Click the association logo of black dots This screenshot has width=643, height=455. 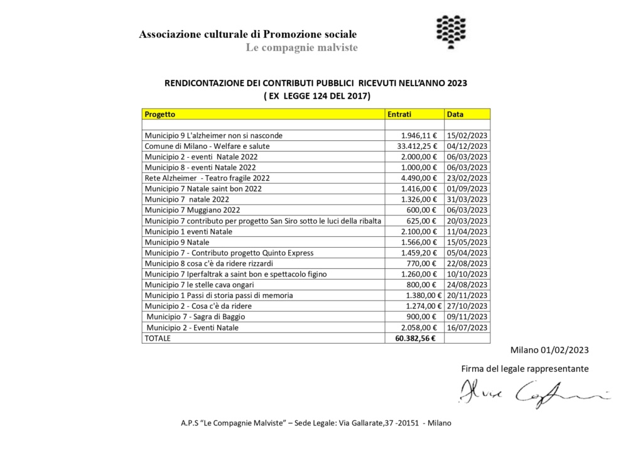[451, 31]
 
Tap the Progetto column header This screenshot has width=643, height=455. [160, 114]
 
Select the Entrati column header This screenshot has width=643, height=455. [399, 114]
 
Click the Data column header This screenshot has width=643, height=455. [455, 114]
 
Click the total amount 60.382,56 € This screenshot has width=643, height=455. [416, 338]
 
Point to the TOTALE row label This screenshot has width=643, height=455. [158, 338]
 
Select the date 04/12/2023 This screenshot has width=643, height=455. [467, 146]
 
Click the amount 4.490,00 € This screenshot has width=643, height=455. [420, 178]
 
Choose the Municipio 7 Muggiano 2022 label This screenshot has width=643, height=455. [192, 210]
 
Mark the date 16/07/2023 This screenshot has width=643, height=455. [467, 327]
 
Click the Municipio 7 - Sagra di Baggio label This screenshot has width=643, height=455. [196, 317]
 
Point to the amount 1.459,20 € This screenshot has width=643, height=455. [420, 253]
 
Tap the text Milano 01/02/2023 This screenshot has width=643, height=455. [549, 350]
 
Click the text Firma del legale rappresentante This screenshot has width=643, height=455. [525, 369]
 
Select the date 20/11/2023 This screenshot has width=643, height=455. [467, 295]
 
